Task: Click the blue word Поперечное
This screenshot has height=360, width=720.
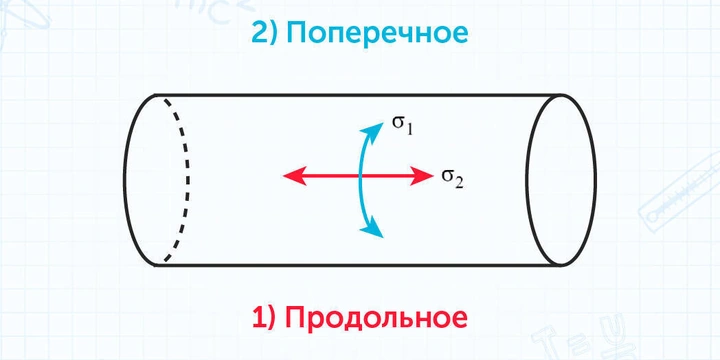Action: [376, 34]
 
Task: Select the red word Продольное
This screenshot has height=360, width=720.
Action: [377, 319]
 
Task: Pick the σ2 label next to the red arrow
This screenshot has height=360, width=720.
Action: [452, 178]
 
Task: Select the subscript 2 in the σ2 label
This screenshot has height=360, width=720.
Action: [459, 182]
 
